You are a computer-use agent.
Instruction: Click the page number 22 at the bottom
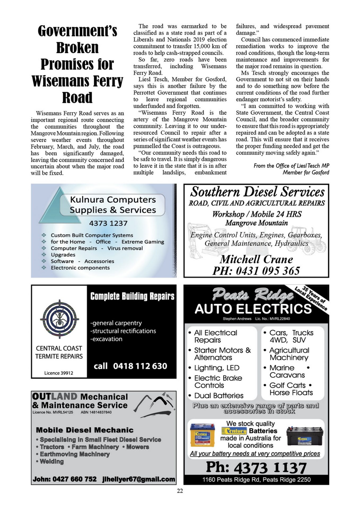click(180, 491)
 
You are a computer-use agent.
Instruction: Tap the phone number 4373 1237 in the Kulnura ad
click(108, 223)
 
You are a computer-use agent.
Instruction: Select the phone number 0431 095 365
click(256, 271)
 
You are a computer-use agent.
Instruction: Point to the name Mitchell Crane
click(256, 259)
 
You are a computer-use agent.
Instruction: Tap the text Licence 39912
click(59, 373)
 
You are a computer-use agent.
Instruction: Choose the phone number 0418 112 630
click(140, 366)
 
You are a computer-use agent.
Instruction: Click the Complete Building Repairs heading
click(132, 296)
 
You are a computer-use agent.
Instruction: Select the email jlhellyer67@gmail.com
click(139, 479)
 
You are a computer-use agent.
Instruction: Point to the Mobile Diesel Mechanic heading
click(85, 430)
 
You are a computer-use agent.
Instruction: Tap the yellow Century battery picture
click(203, 435)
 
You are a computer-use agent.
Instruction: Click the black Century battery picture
click(305, 436)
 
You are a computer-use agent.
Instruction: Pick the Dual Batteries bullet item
click(219, 396)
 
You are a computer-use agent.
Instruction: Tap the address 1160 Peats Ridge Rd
click(256, 479)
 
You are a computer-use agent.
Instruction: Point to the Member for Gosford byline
click(306, 173)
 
